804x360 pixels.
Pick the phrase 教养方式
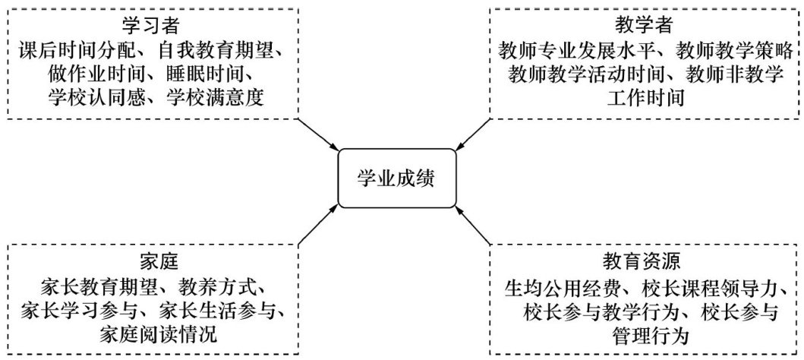(x=219, y=287)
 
